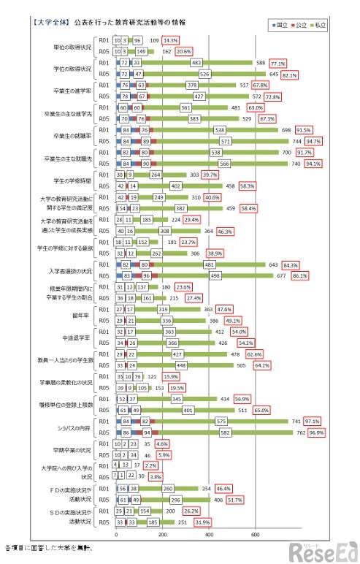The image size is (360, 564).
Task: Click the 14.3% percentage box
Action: [x=172, y=40]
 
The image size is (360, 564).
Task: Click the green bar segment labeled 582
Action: [x=219, y=433]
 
